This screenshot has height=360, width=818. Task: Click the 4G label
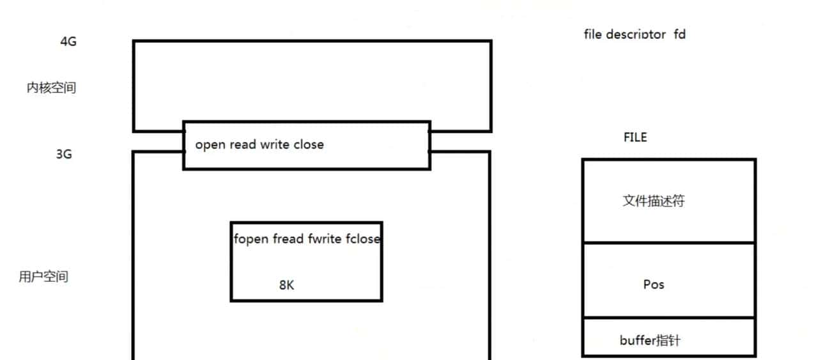69,42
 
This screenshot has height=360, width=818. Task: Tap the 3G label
64,154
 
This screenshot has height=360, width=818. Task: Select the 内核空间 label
51,88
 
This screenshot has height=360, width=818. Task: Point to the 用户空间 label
43,277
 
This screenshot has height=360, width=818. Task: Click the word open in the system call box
210,145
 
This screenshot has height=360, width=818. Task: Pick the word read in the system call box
243,145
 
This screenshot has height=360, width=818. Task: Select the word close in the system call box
309,145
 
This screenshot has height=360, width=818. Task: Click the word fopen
251,240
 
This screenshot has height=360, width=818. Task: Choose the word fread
288,240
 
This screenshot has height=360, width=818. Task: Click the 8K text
287,285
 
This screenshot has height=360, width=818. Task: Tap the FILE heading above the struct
635,137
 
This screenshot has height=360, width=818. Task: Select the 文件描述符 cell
654,201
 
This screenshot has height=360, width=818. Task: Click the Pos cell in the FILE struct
654,284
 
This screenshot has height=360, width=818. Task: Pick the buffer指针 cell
650,340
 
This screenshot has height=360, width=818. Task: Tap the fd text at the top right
679,34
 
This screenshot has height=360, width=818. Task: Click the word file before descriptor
592,34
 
